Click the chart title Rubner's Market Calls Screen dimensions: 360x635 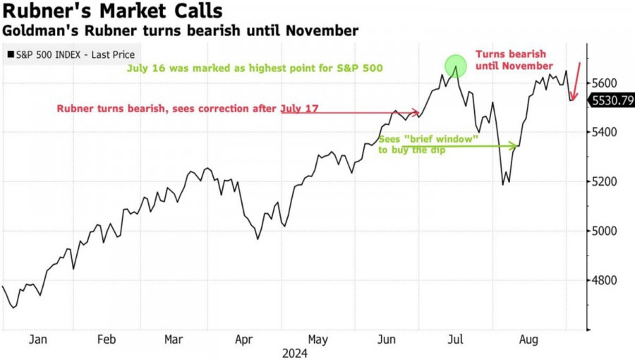[x=113, y=12]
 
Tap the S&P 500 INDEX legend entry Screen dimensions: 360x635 [x=71, y=54]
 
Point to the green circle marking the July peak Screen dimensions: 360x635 [x=456, y=66]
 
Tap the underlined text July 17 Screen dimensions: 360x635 [x=299, y=108]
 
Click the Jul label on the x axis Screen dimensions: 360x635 [x=456, y=340]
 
